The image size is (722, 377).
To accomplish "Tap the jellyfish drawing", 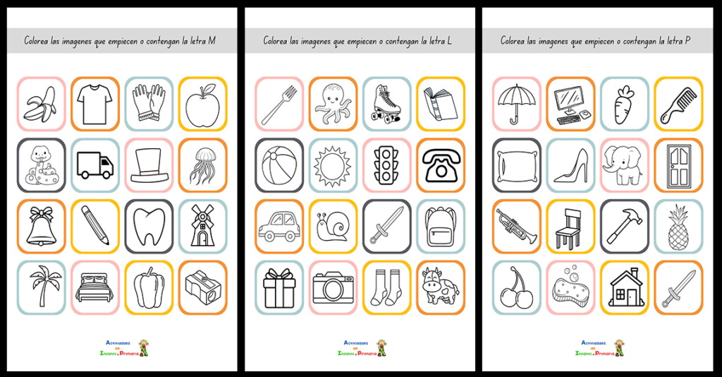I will point(202,165).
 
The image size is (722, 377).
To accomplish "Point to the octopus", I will point(333,104).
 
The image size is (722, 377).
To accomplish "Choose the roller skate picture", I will point(386,104).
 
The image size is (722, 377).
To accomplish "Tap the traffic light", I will point(386,165).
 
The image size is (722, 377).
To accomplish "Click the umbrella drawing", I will point(517,104).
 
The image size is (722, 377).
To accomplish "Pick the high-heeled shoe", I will point(570,165).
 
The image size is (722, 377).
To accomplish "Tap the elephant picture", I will point(624,165).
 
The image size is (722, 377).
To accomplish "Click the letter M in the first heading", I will point(212,41).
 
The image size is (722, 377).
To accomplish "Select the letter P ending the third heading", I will point(687,41).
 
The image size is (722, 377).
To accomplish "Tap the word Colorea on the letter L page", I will point(277,41).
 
